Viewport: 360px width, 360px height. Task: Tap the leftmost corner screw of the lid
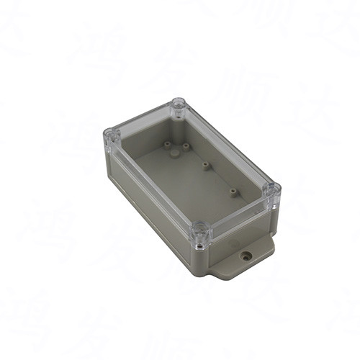(111, 135)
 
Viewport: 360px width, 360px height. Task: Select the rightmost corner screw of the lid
(271, 191)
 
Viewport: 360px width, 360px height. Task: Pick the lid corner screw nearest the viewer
(200, 232)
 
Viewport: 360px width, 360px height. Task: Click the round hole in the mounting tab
(246, 254)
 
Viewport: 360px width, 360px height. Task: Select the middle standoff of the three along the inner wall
(205, 165)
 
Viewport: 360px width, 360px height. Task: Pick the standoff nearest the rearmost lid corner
(185, 146)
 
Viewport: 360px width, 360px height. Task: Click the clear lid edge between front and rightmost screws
(238, 212)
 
